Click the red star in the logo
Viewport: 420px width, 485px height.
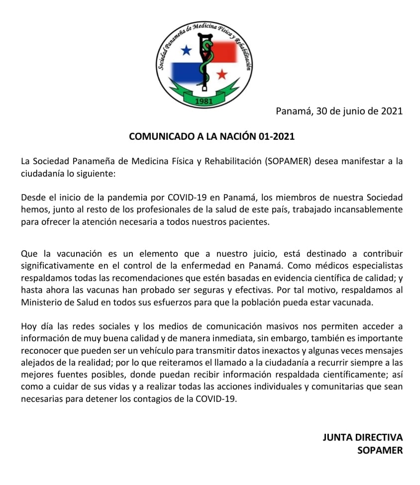(x=221, y=75)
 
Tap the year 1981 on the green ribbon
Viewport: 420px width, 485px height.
(x=205, y=101)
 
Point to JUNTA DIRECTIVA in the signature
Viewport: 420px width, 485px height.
(x=362, y=438)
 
